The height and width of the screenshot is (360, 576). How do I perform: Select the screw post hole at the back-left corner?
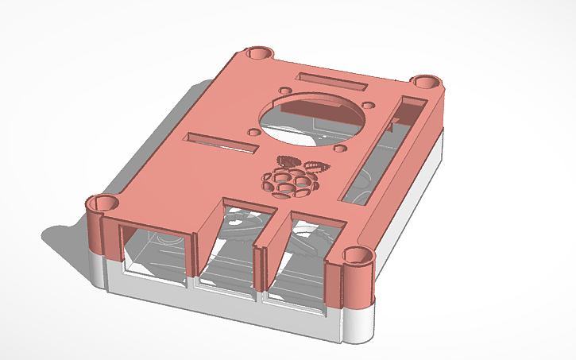257,53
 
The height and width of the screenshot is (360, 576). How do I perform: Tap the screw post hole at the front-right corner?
357,256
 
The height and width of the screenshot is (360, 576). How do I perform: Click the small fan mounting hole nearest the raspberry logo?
339,148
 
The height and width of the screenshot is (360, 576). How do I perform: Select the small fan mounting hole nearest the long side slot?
368,106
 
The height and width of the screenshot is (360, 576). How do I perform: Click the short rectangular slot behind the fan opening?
331,81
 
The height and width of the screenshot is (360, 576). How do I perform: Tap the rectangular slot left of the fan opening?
221,143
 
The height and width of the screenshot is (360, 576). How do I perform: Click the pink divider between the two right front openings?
261,262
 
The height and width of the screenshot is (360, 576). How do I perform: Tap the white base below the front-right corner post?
358,322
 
